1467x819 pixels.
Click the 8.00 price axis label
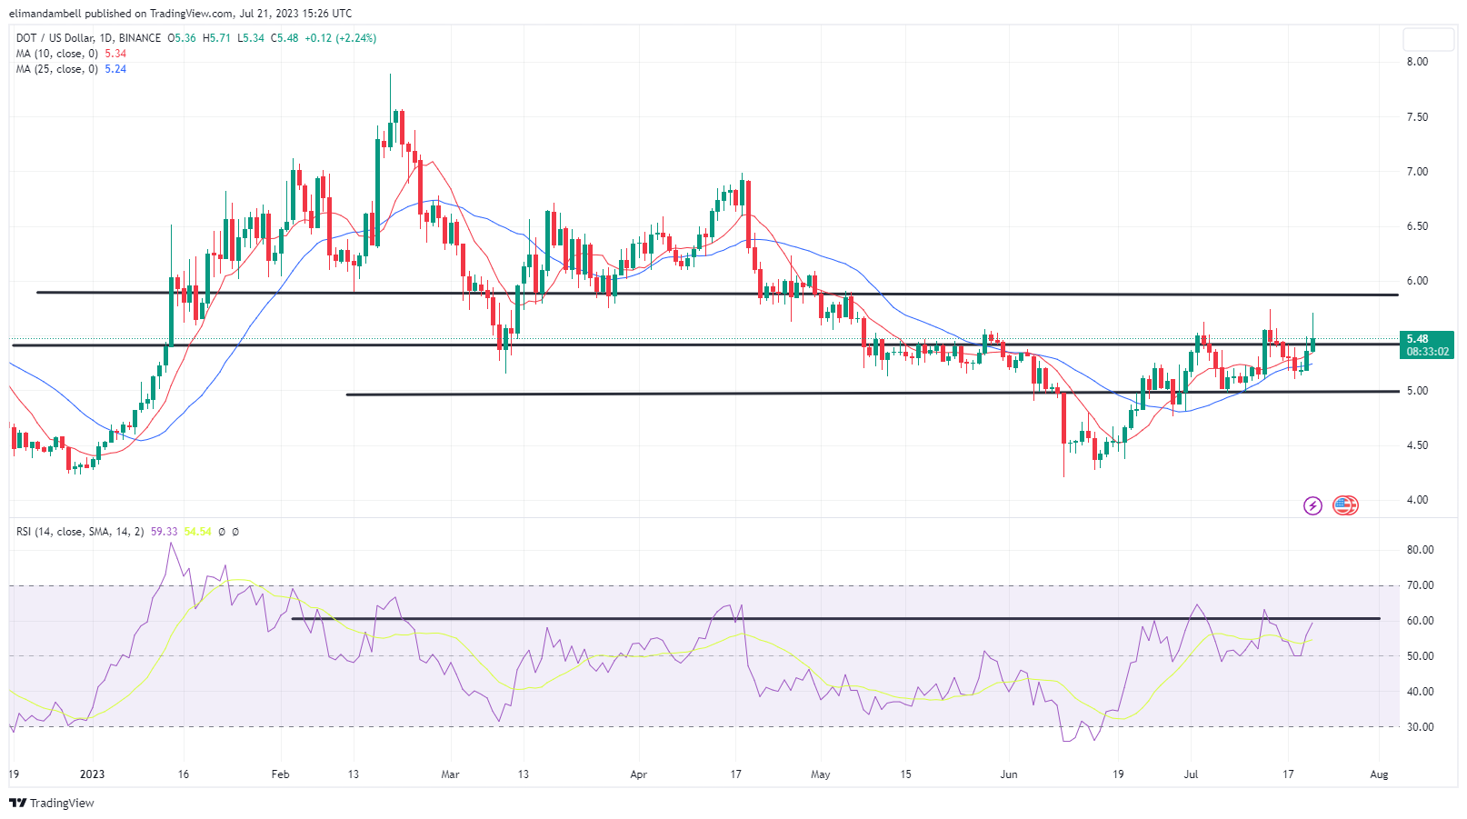tap(1417, 62)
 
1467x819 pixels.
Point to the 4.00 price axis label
tap(1417, 500)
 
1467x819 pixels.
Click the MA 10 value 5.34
tap(115, 54)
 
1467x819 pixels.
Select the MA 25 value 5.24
tap(115, 69)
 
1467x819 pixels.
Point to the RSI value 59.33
tap(165, 532)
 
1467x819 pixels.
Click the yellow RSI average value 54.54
tap(197, 532)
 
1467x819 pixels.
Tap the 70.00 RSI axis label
tap(1420, 585)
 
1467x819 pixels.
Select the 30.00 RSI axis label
tap(1420, 727)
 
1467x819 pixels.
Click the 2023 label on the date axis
tap(92, 774)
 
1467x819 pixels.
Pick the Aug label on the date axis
tap(1379, 774)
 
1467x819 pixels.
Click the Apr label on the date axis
tap(639, 774)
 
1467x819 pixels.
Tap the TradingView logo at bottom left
tap(52, 803)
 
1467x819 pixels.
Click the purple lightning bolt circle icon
tap(1312, 505)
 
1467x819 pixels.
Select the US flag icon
tap(1345, 505)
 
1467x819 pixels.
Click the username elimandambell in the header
tap(45, 14)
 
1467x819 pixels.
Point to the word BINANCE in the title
tap(140, 38)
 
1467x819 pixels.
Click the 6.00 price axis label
tap(1417, 281)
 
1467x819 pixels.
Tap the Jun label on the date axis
tap(1009, 774)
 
